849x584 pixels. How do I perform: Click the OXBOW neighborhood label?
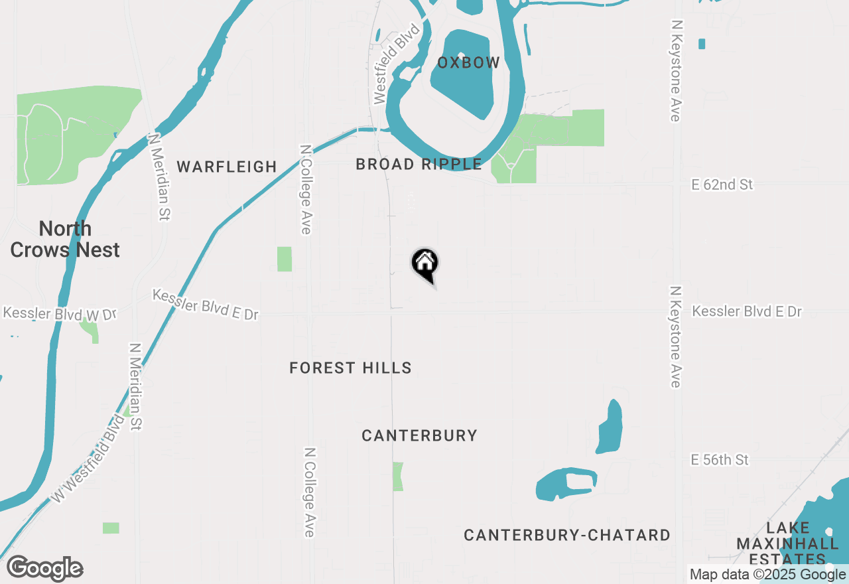[468, 63]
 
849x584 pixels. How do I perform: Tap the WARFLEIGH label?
[226, 167]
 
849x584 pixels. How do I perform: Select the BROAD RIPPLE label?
[419, 164]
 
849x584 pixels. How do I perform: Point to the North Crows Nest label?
[65, 240]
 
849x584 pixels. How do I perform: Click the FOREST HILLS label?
[350, 368]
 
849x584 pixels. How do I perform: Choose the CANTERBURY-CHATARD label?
[566, 535]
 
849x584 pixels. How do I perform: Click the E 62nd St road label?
[722, 184]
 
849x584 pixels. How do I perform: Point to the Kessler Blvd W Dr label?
[60, 313]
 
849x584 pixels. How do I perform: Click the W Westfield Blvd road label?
[88, 458]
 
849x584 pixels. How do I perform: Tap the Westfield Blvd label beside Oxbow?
[397, 64]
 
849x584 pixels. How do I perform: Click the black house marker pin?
[425, 263]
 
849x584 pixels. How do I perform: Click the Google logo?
[44, 569]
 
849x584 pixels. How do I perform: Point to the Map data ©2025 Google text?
[767, 575]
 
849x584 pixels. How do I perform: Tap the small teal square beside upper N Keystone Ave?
[702, 44]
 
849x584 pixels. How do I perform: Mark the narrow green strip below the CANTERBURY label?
[398, 476]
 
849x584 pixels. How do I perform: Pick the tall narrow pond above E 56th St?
[610, 427]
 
